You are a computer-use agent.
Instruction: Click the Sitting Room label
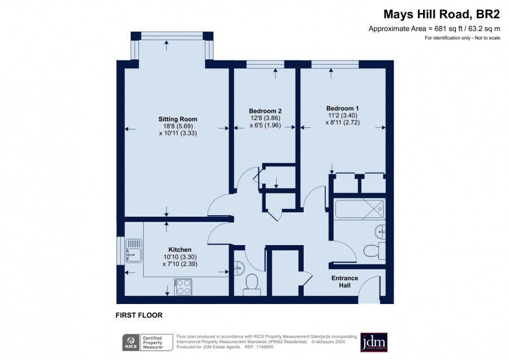178,119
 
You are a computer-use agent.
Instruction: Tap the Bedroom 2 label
265,111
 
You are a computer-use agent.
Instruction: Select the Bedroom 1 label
343,109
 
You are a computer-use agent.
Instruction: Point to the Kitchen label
180,250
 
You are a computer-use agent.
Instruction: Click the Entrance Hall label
345,282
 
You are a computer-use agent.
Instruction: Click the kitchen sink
133,251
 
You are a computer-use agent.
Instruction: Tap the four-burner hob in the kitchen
183,287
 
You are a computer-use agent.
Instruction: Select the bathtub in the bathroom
360,209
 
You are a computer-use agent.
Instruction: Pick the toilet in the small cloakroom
252,285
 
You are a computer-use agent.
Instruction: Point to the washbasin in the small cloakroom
239,268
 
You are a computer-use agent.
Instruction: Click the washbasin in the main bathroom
380,232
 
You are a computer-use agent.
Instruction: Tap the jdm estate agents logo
374,342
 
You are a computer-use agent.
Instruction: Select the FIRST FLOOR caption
139,315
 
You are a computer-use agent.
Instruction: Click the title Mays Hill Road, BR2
442,14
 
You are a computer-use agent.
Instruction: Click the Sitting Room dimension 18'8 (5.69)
178,126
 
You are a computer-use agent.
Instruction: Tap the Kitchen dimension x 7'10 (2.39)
180,264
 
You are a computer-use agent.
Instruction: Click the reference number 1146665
264,347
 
